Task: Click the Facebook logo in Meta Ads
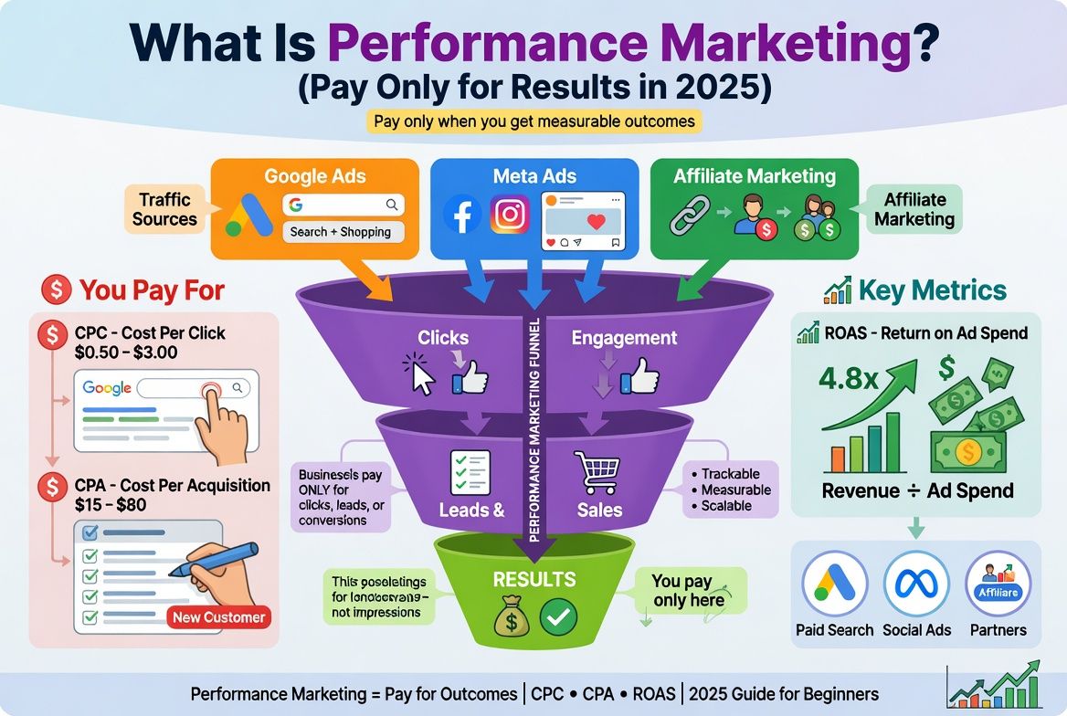pos(462,215)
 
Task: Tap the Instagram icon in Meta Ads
pos(511,215)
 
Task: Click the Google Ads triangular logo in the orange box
pos(249,216)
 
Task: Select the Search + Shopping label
pos(340,232)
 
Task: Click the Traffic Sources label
pos(164,209)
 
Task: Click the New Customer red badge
pos(219,617)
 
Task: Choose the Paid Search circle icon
pos(834,584)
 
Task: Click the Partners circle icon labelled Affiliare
pos(998,584)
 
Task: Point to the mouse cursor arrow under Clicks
pos(419,374)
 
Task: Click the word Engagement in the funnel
pos(624,338)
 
